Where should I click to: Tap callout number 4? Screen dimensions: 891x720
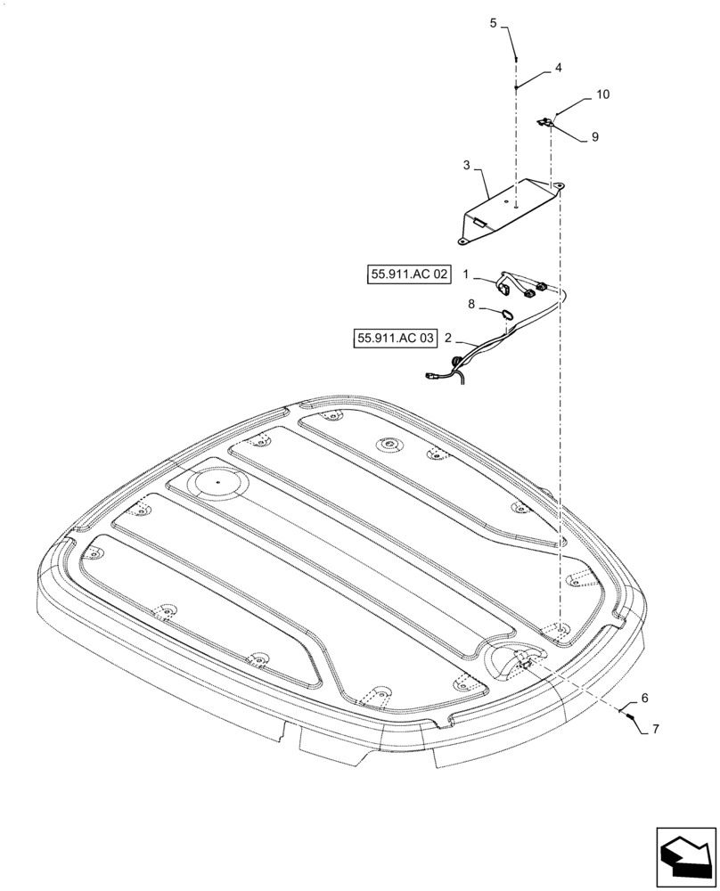(x=558, y=68)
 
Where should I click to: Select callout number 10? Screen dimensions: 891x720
(x=603, y=94)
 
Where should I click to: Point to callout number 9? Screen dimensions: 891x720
(x=594, y=137)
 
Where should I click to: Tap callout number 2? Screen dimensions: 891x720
(x=449, y=339)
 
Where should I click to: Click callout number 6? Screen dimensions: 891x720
(x=644, y=699)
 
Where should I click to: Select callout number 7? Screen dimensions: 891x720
(x=656, y=729)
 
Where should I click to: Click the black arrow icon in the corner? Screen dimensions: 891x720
(x=685, y=856)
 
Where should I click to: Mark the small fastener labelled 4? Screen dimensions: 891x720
(x=516, y=87)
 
